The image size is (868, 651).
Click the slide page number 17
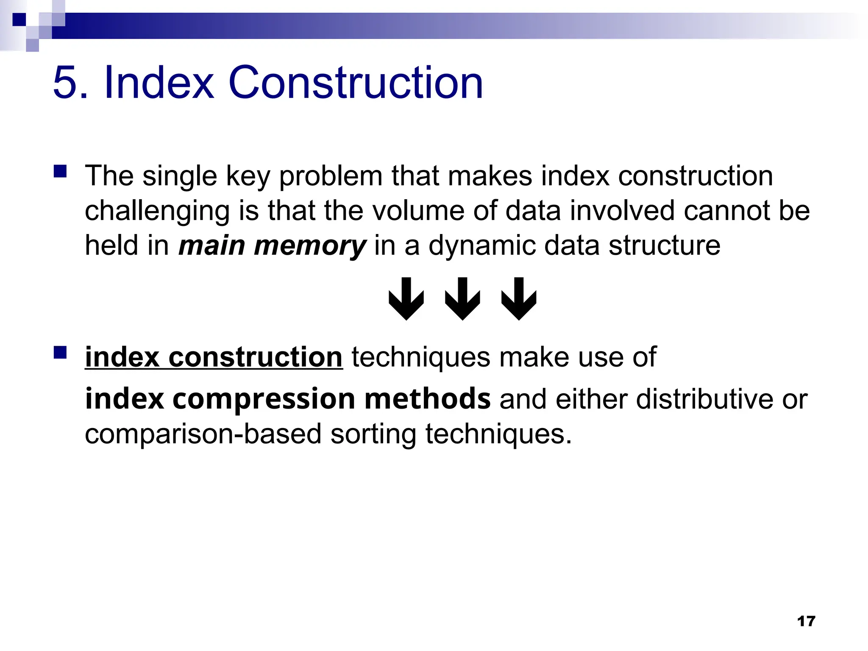click(806, 621)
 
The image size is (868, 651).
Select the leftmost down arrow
click(406, 298)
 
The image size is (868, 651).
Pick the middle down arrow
click(462, 298)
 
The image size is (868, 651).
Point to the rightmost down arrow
click(519, 298)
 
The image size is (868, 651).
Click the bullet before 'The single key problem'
click(60, 171)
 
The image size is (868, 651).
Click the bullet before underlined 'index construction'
click(60, 352)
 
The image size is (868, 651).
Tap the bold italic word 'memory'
click(309, 246)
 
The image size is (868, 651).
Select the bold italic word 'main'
click(211, 246)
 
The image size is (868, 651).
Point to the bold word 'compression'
click(264, 399)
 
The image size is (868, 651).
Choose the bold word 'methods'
click(427, 399)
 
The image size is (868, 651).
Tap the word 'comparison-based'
click(203, 434)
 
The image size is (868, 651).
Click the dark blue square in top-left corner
click(19, 19)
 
